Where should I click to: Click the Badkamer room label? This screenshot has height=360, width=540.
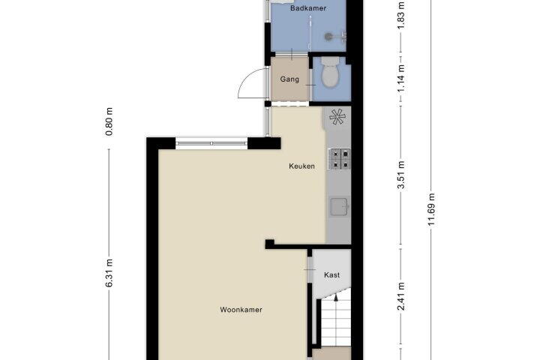[308, 8]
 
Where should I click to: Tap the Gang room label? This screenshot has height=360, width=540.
[289, 79]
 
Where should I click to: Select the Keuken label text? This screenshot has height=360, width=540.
[301, 166]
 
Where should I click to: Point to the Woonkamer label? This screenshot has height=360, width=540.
[241, 310]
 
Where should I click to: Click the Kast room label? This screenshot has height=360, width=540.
[331, 275]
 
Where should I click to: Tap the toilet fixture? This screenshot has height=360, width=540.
[330, 71]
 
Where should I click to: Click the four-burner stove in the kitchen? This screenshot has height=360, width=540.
[340, 159]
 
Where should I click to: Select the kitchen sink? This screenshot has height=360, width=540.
[340, 206]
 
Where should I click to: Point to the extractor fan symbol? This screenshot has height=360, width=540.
[337, 117]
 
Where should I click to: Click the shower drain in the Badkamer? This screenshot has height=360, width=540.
[329, 36]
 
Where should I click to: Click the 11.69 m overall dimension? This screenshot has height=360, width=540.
[431, 209]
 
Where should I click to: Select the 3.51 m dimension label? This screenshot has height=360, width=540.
[401, 175]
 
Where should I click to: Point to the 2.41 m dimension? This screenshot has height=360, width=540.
[401, 296]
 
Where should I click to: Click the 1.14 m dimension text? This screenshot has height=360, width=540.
[401, 78]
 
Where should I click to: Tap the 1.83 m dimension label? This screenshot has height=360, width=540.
[401, 16]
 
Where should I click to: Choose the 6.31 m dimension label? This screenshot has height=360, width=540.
[109, 273]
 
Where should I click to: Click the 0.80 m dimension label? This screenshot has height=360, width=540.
[109, 121]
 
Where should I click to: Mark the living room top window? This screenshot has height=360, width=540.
[211, 143]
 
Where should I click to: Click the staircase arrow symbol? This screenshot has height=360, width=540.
[336, 298]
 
